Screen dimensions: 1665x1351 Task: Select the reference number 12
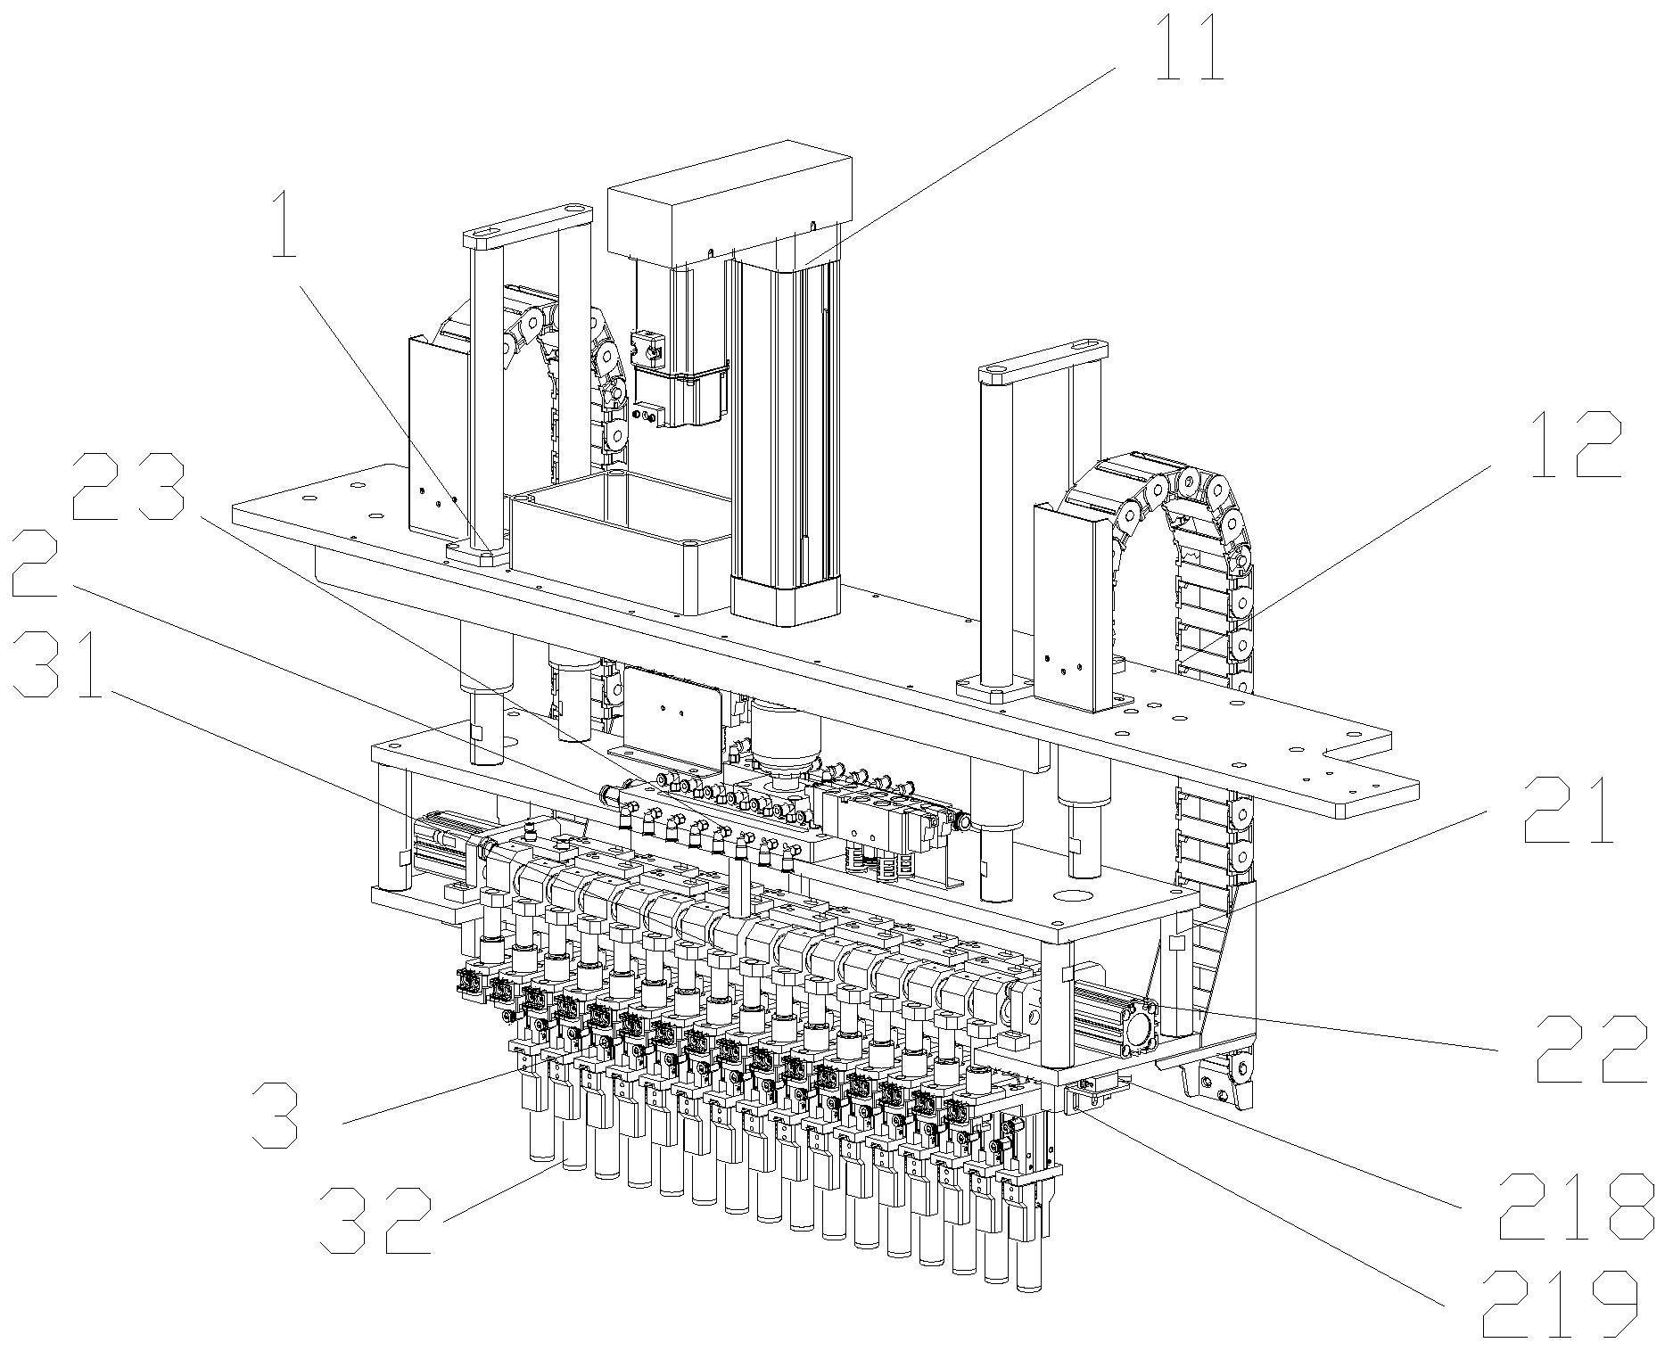point(1575,445)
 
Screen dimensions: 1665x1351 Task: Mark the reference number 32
point(375,1219)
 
